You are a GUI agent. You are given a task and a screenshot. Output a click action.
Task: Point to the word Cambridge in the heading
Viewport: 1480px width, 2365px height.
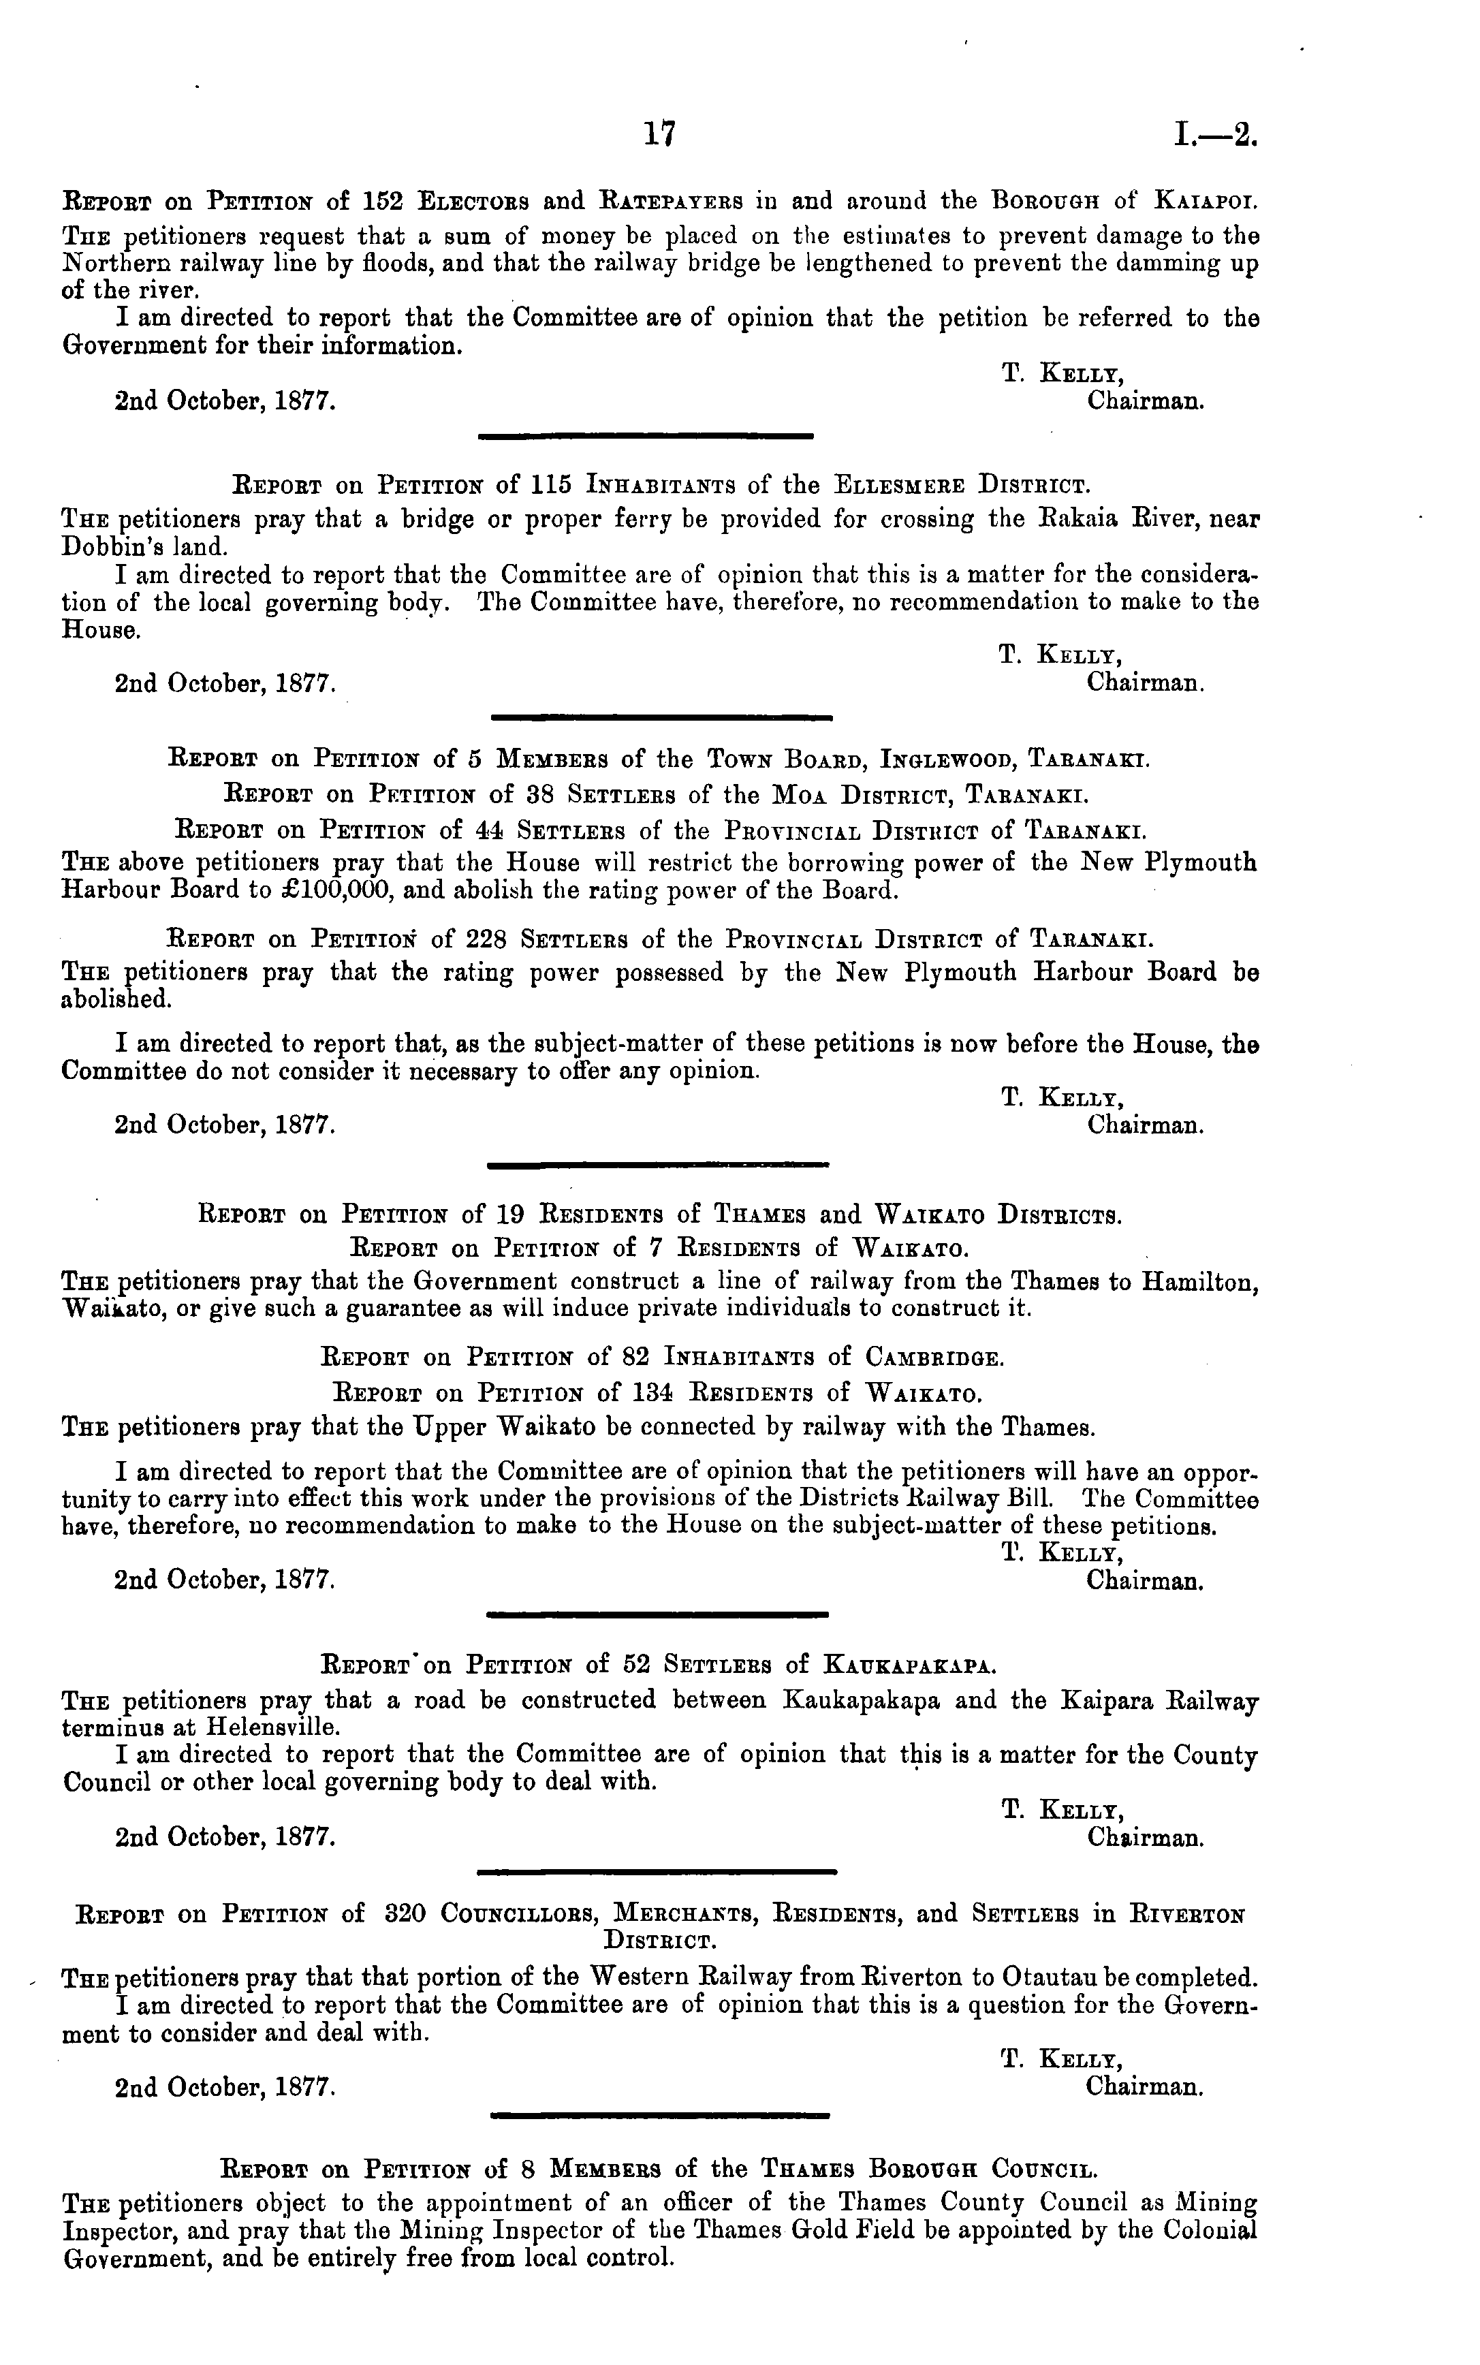pos(933,1358)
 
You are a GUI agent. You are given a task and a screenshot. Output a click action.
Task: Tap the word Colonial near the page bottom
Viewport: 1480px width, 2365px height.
pos(1203,2284)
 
